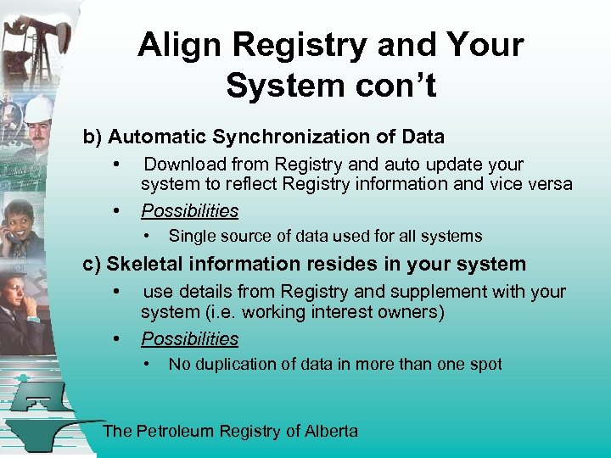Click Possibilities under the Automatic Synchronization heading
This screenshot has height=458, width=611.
pyautogui.click(x=189, y=210)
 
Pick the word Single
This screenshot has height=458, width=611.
pyautogui.click(x=190, y=237)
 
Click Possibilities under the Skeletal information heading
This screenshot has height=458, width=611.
pyautogui.click(x=189, y=339)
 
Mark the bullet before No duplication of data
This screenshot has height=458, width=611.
pyautogui.click(x=148, y=365)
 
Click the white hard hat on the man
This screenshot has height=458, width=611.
pyautogui.click(x=38, y=108)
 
